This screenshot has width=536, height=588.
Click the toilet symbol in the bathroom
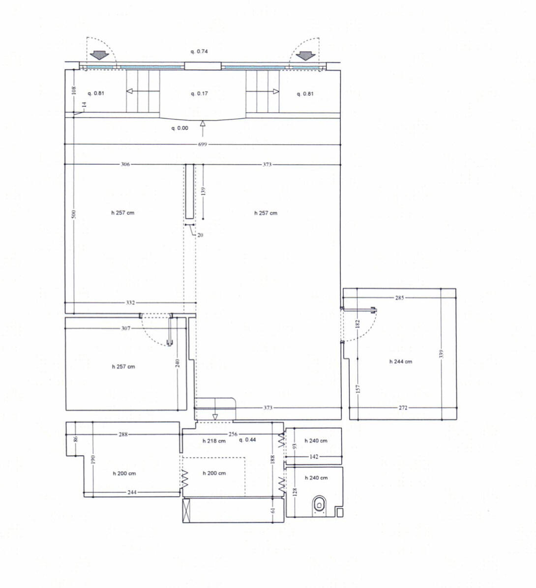[319, 505]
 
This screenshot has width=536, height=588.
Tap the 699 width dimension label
[203, 145]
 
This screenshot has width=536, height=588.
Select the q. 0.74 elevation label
[199, 51]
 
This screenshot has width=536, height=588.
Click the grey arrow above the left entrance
[99, 56]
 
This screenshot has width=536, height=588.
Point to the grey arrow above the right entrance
[306, 56]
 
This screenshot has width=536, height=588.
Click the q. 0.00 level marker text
[180, 128]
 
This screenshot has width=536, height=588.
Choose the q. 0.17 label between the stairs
[199, 93]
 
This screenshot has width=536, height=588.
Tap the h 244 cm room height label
[401, 362]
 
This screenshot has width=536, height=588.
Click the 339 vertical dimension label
[442, 354]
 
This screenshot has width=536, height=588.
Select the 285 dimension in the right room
[399, 298]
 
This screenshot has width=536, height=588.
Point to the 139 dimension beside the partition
[203, 191]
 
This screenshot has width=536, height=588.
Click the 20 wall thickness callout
[200, 235]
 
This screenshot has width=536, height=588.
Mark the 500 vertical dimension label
[74, 214]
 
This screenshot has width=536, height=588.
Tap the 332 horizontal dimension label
[130, 303]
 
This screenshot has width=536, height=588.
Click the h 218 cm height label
[214, 441]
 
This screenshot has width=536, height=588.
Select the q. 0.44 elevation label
[247, 440]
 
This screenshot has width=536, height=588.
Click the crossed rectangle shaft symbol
[187, 510]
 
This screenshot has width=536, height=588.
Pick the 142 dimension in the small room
[314, 457]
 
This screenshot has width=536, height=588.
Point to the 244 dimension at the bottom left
[132, 492]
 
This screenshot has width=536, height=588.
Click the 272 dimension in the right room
[403, 408]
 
